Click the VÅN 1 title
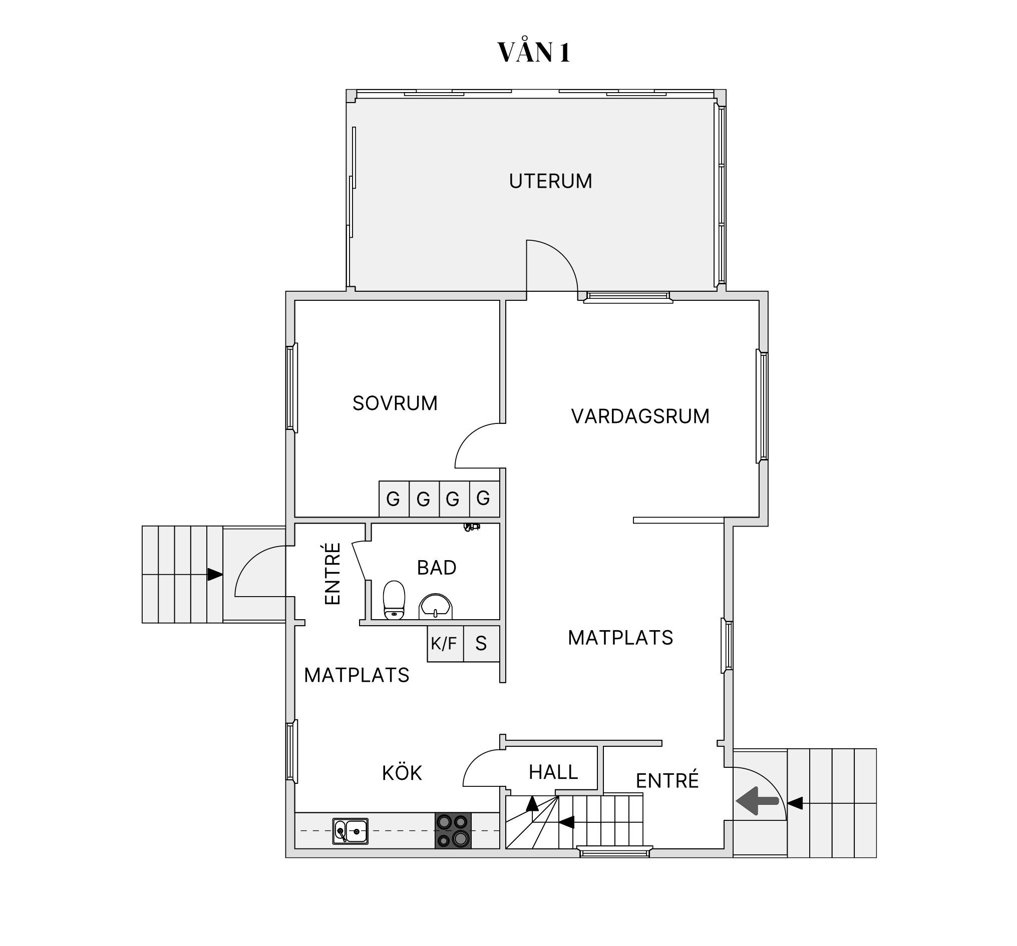point(534,52)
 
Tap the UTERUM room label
point(550,181)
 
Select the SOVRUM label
point(395,403)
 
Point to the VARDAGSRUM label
point(640,416)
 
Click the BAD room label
point(436,568)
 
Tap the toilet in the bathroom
point(394,600)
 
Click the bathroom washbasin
point(435,607)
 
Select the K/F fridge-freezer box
point(445,643)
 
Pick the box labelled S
point(481,643)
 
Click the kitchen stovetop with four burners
point(453,830)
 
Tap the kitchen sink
point(351,831)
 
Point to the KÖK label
point(402,773)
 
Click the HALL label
point(553,772)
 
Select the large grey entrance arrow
point(757,801)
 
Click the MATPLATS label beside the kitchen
point(357,676)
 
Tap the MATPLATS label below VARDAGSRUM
point(620,638)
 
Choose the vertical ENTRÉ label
point(332,574)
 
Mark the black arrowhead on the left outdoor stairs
point(215,574)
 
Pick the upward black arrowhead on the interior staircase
point(532,803)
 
